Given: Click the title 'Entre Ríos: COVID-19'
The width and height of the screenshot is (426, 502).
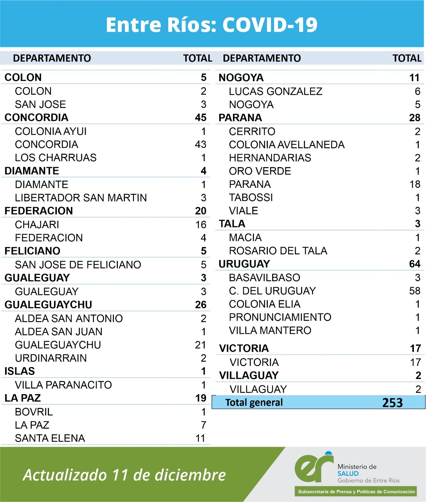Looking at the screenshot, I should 211,24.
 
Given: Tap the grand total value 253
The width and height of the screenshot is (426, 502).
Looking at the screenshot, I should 392,403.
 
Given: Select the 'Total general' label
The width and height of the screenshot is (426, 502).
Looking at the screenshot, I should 254,403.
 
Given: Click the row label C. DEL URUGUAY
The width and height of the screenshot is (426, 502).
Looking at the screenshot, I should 272,291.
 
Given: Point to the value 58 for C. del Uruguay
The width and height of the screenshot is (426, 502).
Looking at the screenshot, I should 414,291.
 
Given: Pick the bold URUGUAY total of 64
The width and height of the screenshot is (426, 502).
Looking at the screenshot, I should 414,264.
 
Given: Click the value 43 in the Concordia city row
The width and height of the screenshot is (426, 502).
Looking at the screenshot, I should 200,144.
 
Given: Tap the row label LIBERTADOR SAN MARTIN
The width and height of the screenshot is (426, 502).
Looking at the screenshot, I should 81,198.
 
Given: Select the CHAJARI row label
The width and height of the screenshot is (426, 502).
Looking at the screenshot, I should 37,225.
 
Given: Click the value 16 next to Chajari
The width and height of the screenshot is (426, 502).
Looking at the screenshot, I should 200,225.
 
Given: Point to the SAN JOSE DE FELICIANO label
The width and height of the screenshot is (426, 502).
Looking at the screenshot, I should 78,265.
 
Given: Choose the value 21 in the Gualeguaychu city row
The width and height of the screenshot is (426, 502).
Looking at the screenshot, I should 200,345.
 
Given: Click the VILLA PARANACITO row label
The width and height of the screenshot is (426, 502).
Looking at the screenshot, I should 63,385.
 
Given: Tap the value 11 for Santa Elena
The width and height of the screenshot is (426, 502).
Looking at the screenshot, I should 200,438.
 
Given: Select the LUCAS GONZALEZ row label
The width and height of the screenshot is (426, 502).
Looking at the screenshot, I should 276,91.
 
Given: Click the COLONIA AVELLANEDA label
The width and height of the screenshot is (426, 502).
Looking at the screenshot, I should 287,145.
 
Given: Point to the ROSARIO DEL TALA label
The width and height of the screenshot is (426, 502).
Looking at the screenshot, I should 278,251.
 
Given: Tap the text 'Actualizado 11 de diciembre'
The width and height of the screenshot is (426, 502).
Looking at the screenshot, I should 125,475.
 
